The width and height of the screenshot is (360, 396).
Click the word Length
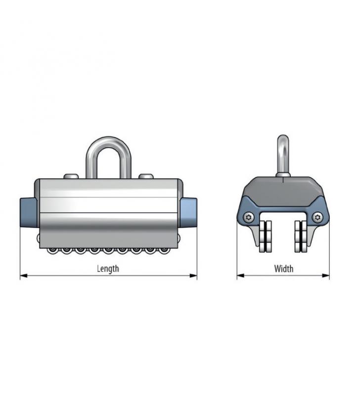point(108,269)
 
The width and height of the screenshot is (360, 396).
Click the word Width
point(284,269)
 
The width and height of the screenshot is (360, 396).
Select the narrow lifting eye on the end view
point(283,156)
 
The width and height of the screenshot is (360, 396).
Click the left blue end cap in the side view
point(29,213)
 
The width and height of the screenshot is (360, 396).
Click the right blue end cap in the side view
point(189,213)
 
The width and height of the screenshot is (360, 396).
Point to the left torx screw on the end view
point(249,217)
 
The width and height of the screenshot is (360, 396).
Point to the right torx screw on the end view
point(317,217)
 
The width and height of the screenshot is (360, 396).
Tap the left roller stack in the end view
point(265,237)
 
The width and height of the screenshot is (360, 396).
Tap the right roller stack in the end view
point(301,237)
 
